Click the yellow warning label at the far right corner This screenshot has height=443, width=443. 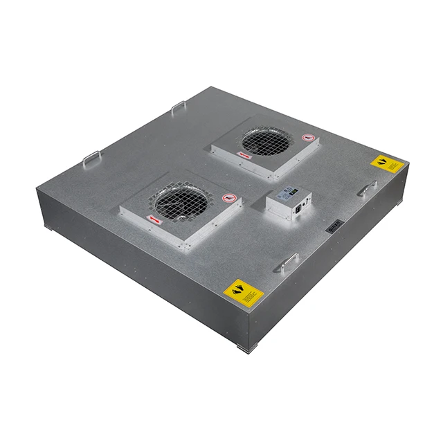(x=386, y=165)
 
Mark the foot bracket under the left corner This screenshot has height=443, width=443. (x=46, y=228)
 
